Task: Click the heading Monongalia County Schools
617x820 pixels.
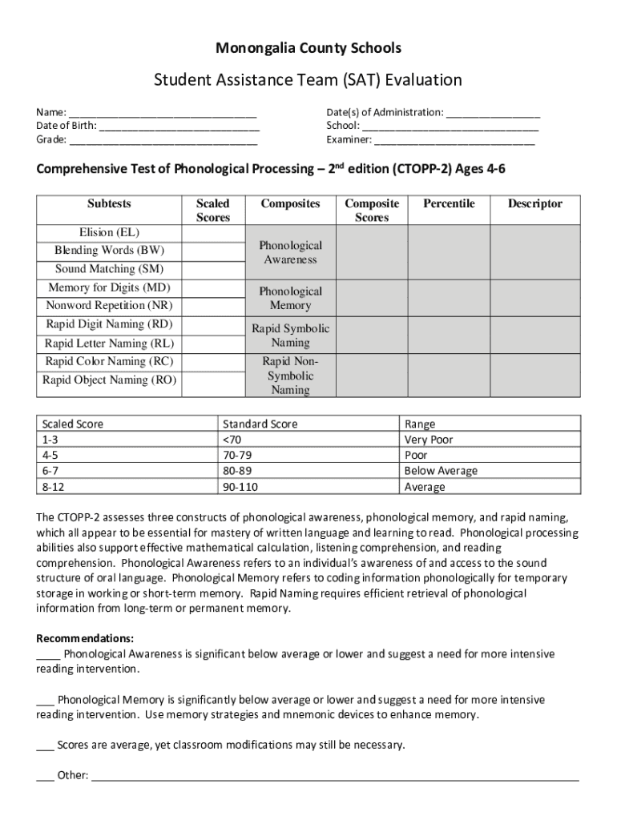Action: pos(308,49)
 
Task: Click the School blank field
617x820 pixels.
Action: pos(450,127)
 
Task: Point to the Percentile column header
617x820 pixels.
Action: pos(449,204)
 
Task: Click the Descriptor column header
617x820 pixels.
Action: pos(534,204)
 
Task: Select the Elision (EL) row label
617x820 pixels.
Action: pos(109,233)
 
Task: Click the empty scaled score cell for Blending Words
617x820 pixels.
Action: pos(212,251)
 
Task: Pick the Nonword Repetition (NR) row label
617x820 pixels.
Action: pos(109,306)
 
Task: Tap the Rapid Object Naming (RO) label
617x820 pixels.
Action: pos(109,380)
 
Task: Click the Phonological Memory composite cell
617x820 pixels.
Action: pos(290,299)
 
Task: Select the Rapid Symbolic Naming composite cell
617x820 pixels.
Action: pos(290,336)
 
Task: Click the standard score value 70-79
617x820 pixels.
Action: pos(240,456)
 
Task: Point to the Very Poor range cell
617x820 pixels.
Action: pos(429,440)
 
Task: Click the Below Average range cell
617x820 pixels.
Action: pos(441,471)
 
